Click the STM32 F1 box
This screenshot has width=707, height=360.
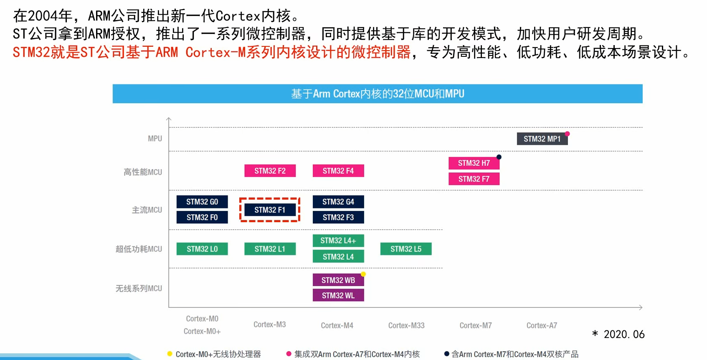[270, 210]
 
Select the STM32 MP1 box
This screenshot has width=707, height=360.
[542, 139]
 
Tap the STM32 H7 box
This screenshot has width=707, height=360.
[474, 163]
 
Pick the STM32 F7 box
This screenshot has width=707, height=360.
[474, 179]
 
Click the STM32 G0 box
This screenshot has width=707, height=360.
[202, 202]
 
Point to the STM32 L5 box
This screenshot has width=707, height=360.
[406, 249]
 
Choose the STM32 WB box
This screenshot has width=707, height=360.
[338, 280]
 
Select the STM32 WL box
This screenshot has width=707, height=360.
[338, 295]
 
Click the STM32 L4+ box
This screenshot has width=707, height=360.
[338, 241]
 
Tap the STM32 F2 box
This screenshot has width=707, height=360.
[270, 171]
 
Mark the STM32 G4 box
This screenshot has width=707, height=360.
[338, 202]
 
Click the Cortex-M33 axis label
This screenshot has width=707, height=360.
[406, 325]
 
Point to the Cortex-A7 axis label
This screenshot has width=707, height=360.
[542, 325]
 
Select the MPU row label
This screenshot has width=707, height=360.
[155, 139]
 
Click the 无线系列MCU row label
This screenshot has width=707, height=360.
[139, 289]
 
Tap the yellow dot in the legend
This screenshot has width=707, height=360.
[170, 354]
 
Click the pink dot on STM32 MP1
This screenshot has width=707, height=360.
[567, 134]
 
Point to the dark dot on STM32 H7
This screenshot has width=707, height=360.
[499, 157]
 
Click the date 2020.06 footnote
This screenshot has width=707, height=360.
[624, 334]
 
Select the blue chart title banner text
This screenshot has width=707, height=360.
[378, 94]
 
